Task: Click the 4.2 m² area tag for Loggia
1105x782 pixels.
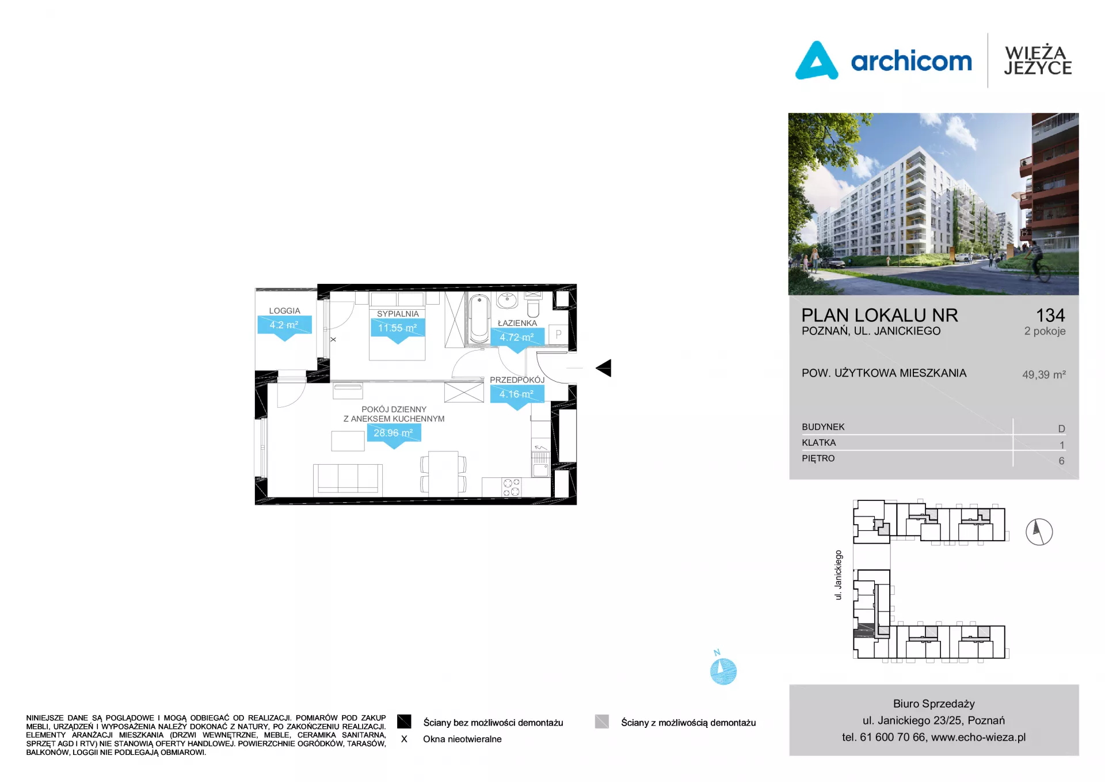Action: (x=284, y=325)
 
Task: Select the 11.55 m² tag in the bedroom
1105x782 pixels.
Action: (x=397, y=328)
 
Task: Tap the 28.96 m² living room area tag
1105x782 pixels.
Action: (x=394, y=433)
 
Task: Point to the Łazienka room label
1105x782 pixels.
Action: (x=517, y=323)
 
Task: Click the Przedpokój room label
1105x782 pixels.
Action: (x=517, y=380)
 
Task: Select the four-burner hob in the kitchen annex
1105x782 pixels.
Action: (x=511, y=487)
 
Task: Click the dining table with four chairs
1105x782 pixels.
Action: (x=443, y=473)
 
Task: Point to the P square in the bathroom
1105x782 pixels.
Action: (x=558, y=335)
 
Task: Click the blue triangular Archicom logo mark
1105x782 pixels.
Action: (x=816, y=60)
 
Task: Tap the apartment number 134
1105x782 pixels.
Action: (x=1050, y=315)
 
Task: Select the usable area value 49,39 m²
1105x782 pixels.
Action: (x=1044, y=374)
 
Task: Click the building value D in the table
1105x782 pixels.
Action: (x=1061, y=428)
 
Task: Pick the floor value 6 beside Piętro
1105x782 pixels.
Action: (x=1061, y=461)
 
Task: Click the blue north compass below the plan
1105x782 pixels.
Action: (x=723, y=671)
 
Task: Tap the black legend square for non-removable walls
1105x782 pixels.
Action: (x=404, y=722)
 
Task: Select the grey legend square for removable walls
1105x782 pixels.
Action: (x=602, y=722)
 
